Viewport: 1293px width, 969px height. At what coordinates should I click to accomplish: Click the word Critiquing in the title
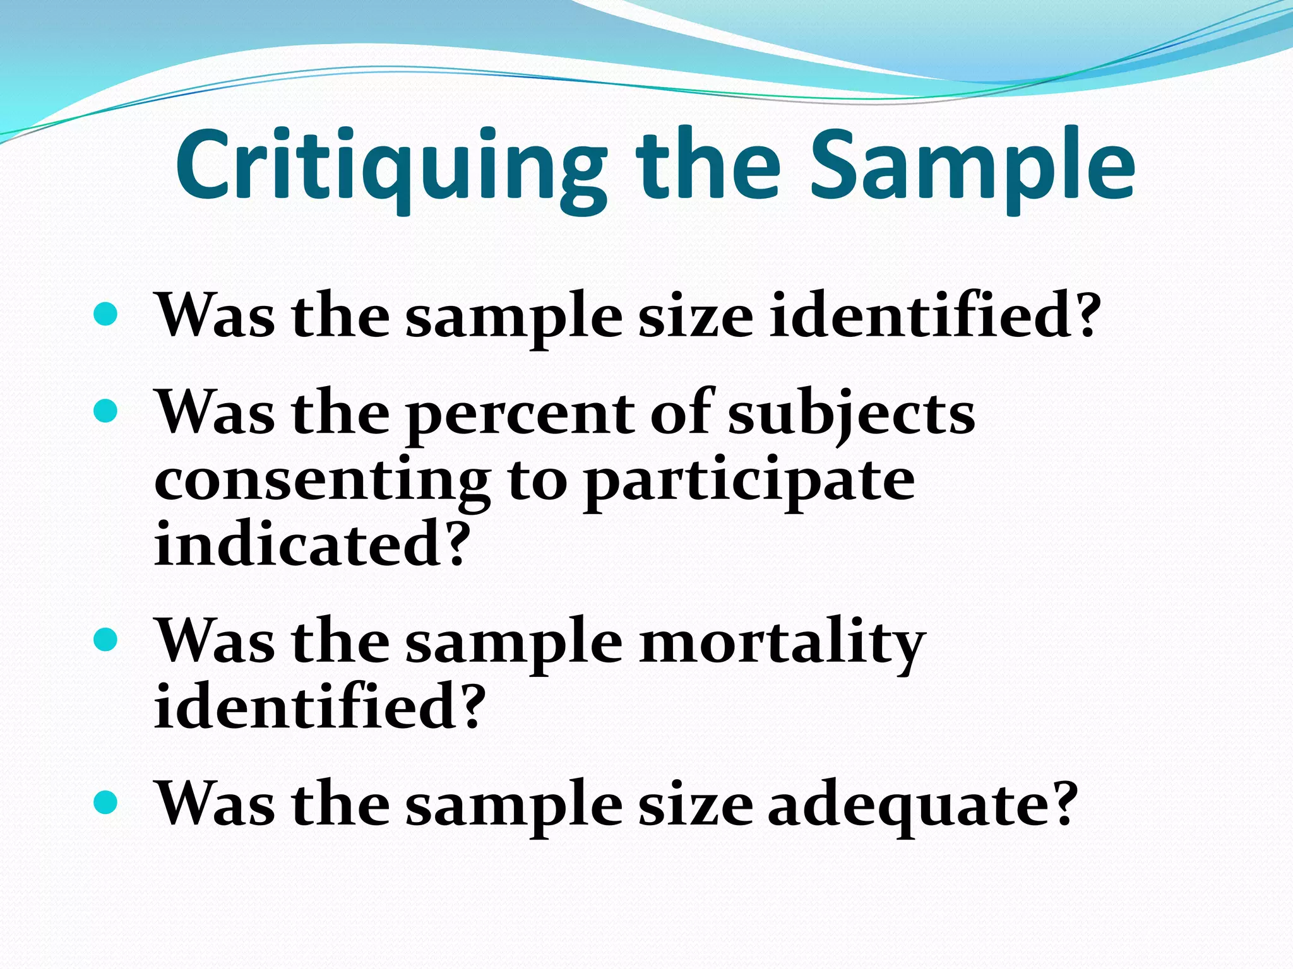tap(388, 167)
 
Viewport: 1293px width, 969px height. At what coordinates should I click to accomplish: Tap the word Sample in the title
tap(972, 167)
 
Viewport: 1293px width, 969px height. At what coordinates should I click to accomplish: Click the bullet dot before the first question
tap(105, 314)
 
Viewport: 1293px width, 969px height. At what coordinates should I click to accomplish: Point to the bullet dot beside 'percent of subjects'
tap(105, 411)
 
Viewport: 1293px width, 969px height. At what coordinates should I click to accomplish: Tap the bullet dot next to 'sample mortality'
tap(105, 640)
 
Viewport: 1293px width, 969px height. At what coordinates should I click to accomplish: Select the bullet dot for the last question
tap(105, 802)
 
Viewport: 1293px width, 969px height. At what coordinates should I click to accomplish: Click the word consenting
tap(322, 483)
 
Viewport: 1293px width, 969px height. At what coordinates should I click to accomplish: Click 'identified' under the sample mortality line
tap(306, 707)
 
